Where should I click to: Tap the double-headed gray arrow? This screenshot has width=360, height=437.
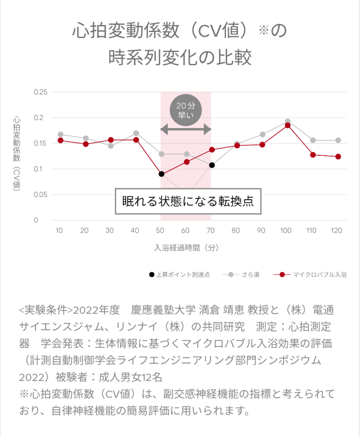(186, 129)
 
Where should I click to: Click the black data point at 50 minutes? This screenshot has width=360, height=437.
(161, 174)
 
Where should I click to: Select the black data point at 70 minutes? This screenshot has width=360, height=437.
(212, 165)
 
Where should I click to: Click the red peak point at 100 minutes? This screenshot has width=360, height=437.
(287, 125)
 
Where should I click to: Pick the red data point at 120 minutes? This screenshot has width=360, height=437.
(338, 157)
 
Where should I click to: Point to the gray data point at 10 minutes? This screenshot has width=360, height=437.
(60, 134)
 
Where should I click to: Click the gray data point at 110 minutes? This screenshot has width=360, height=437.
(313, 140)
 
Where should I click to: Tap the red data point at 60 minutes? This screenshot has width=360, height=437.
(187, 162)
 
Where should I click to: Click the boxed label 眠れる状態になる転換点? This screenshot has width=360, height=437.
(188, 201)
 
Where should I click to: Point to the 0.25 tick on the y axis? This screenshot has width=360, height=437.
(42, 92)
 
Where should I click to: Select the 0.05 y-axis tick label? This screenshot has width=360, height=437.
(42, 195)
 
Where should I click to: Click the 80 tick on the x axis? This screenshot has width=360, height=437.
(236, 230)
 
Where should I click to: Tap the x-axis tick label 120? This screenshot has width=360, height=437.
(337, 230)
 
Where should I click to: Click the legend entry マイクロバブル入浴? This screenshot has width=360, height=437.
(310, 275)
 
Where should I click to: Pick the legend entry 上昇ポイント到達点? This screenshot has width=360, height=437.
(179, 275)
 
